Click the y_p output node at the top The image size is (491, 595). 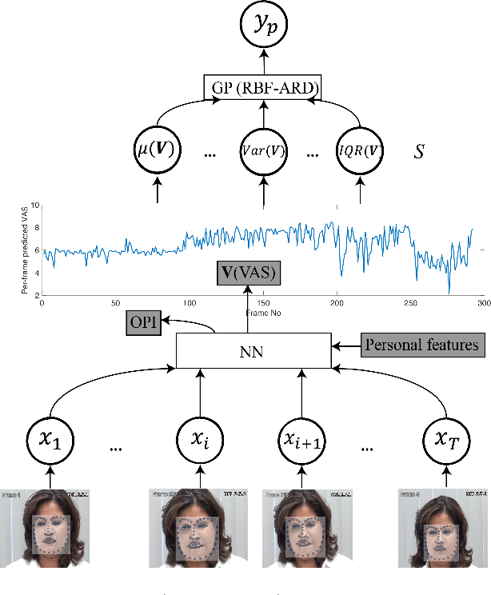point(262,26)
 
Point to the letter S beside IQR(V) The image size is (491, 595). point(418,151)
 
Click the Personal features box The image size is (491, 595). point(422,345)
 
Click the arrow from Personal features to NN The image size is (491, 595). point(345,345)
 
